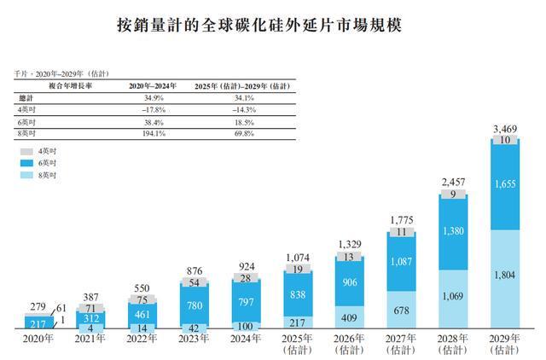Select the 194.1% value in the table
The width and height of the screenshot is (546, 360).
click(149, 134)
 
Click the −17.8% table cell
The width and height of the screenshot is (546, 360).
click(149, 110)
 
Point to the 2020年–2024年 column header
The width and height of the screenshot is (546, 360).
click(149, 87)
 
